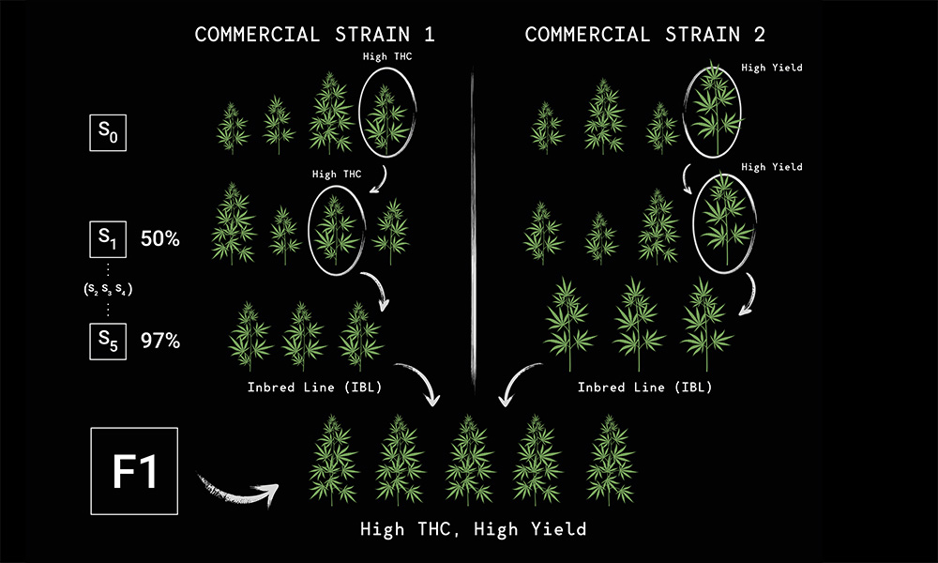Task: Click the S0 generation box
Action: click(x=108, y=132)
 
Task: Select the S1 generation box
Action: click(x=108, y=239)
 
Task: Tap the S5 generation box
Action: click(x=108, y=341)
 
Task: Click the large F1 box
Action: click(x=134, y=471)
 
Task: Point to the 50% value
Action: click(x=160, y=238)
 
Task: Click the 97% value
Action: click(x=160, y=341)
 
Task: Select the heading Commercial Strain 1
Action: click(x=314, y=34)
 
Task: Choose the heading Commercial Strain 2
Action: click(x=645, y=34)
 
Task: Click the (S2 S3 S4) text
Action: click(x=108, y=289)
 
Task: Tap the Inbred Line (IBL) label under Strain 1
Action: click(x=314, y=388)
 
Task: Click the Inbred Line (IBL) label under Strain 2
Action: click(x=645, y=388)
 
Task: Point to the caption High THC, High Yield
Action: click(x=473, y=529)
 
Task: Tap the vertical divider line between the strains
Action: click(x=473, y=230)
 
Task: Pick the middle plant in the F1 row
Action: click(x=470, y=460)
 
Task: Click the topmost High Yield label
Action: click(x=772, y=68)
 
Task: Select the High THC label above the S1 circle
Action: click(x=337, y=175)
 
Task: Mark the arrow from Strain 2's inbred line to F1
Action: click(x=516, y=382)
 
